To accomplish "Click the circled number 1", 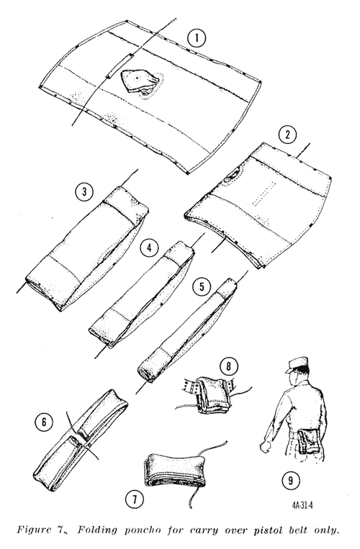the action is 197,38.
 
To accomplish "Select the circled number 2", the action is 287,135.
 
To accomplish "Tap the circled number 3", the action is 84,191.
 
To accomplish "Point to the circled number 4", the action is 150,248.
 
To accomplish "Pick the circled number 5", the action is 202,287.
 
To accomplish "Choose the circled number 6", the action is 44,422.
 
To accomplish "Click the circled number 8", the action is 229,366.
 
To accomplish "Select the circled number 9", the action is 291,481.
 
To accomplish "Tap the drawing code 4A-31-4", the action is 302,506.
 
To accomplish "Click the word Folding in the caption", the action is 97,530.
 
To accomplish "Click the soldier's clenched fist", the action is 266,446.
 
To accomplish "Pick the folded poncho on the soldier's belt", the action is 308,440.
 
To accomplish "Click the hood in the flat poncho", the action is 139,81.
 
